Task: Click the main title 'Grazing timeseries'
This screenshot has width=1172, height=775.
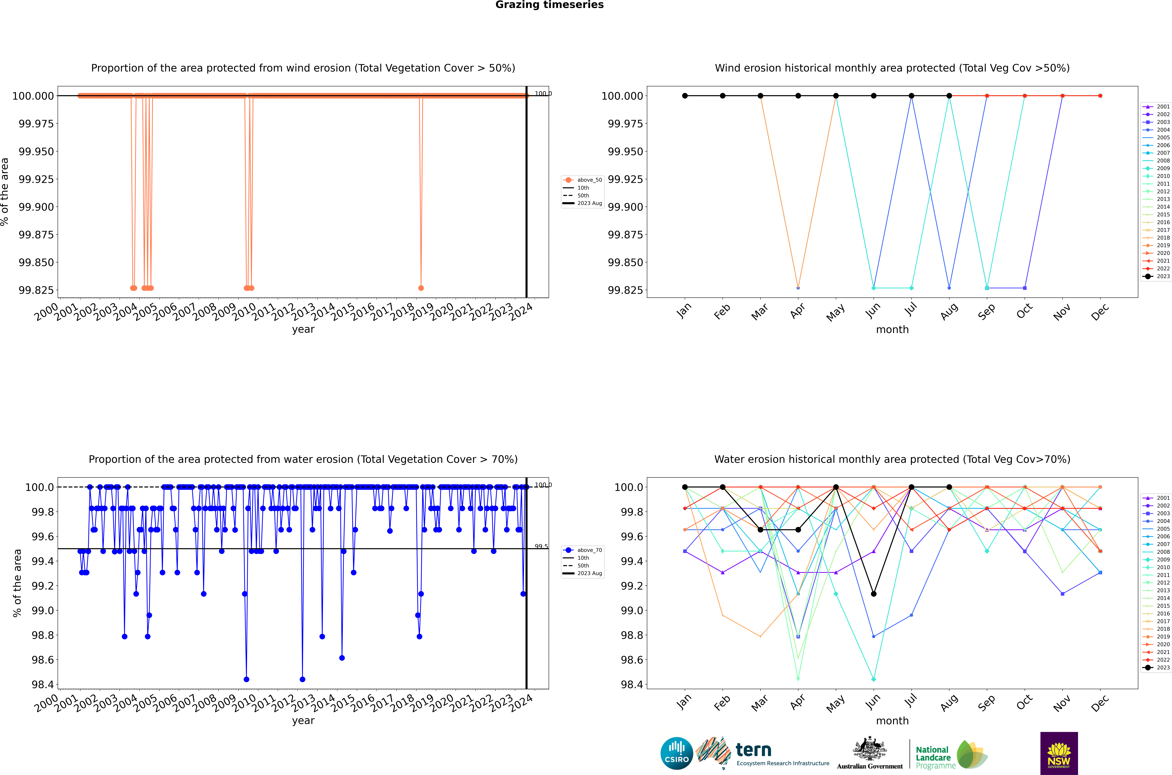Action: (549, 5)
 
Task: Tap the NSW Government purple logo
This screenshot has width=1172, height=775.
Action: (1059, 753)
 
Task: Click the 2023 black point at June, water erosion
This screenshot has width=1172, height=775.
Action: (874, 594)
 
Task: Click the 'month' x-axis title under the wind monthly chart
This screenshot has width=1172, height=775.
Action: (892, 330)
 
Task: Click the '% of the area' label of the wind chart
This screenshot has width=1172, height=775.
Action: (5, 192)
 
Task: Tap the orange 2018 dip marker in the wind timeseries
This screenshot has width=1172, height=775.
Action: (421, 288)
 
